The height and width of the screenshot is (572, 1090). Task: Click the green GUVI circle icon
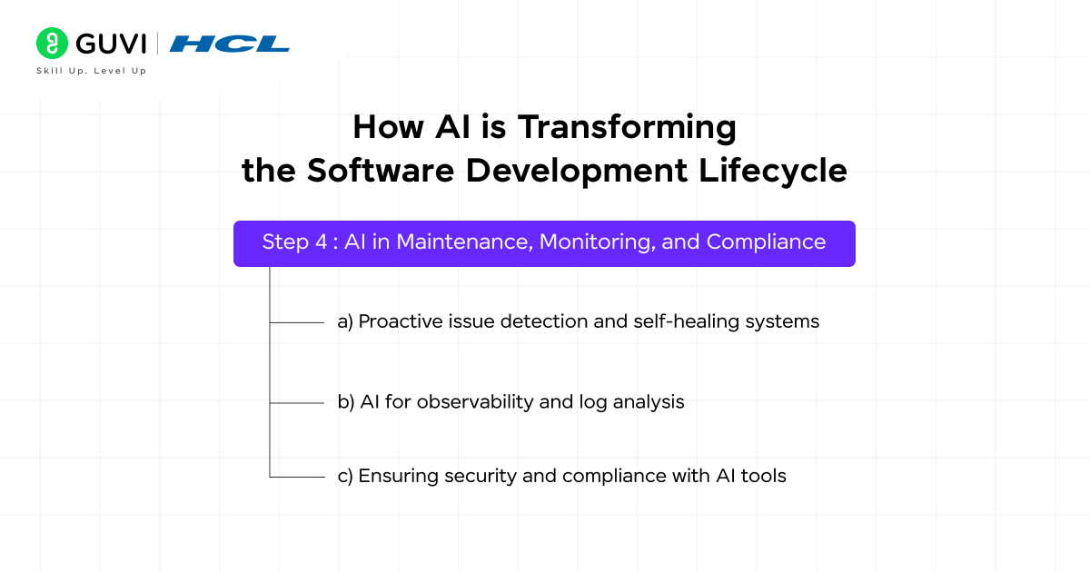coord(52,43)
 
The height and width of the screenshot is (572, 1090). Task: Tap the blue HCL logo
coord(229,44)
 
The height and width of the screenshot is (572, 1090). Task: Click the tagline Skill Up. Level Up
coord(91,71)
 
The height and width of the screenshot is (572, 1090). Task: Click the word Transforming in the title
coord(627,127)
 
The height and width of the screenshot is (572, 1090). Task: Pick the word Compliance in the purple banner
coord(766,242)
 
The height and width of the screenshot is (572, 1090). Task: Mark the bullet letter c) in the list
coord(345,476)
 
